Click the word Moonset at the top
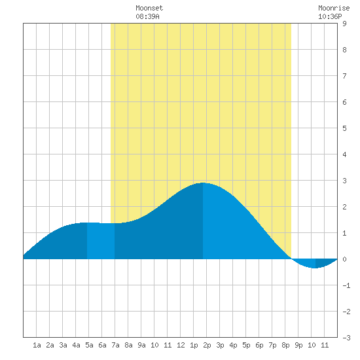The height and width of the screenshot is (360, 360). (x=149, y=8)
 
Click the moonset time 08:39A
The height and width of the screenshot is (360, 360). (x=147, y=16)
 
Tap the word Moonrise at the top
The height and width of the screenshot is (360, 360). (x=334, y=8)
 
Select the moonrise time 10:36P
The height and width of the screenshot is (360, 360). (x=330, y=16)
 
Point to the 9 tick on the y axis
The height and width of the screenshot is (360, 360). (x=344, y=24)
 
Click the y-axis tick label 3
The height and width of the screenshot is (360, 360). (x=344, y=181)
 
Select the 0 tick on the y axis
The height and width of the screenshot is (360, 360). (x=344, y=259)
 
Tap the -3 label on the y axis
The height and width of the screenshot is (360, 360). (x=346, y=338)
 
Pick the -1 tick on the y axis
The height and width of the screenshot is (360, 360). (x=346, y=285)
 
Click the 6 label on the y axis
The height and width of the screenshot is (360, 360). (x=344, y=102)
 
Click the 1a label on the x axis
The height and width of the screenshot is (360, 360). (x=37, y=345)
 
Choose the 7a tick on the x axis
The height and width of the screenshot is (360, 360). (x=115, y=345)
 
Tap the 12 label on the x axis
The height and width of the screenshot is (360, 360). (x=181, y=345)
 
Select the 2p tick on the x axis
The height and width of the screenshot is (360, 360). (x=207, y=345)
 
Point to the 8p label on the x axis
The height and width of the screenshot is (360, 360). (x=285, y=345)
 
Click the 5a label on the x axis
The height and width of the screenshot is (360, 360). (x=89, y=345)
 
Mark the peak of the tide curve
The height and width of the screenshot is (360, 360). (x=203, y=183)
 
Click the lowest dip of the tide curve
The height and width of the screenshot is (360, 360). (x=315, y=268)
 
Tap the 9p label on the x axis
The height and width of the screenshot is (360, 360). (x=298, y=345)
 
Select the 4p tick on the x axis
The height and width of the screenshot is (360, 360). (x=233, y=345)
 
